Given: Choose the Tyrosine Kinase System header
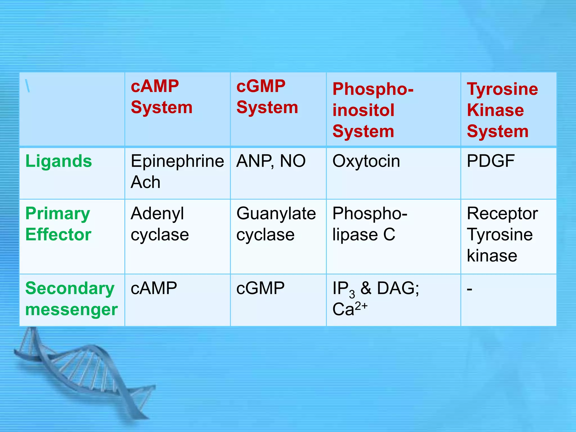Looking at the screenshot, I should [x=502, y=110].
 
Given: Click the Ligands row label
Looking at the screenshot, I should [x=58, y=161].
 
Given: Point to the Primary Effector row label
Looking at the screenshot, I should [x=58, y=224].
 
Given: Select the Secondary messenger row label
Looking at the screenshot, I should [x=71, y=299].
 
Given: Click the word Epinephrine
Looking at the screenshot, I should [x=177, y=161].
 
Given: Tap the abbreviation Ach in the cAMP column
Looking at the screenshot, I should [x=145, y=182].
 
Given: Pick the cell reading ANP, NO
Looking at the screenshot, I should [x=271, y=161].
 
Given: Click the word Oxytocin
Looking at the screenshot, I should [x=366, y=161].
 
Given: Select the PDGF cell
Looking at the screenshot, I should [x=490, y=161].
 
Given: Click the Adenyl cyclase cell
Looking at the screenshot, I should [x=159, y=224].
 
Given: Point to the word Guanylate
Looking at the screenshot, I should [x=276, y=213].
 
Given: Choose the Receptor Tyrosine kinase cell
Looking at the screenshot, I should [x=502, y=234].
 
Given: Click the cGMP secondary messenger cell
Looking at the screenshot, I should [x=260, y=288].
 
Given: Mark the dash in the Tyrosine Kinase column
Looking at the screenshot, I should [x=469, y=289].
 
